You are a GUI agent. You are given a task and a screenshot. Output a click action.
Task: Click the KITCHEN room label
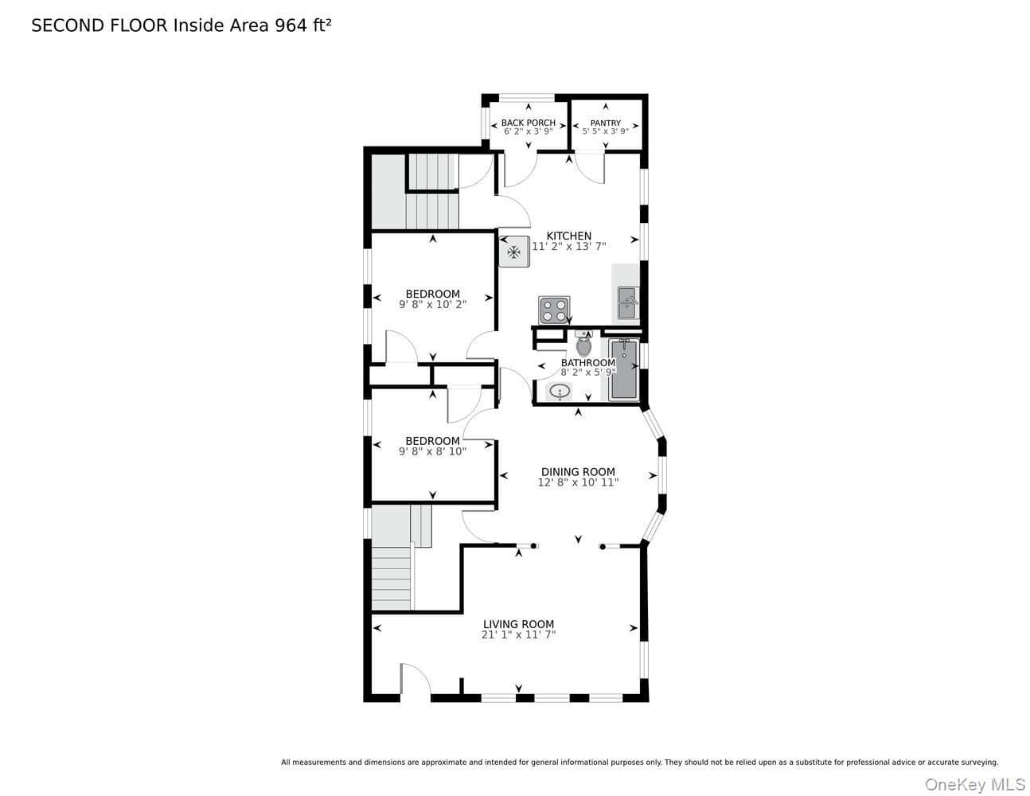[x=569, y=236]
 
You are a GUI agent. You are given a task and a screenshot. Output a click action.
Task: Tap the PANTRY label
[x=605, y=123]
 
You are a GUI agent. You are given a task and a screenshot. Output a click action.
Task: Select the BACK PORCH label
[x=528, y=123]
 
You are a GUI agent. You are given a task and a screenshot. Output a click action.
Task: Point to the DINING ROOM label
[x=578, y=472]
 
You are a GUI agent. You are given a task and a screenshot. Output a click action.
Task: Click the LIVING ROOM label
[x=518, y=625]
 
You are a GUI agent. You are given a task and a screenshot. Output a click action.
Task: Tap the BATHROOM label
[x=588, y=363]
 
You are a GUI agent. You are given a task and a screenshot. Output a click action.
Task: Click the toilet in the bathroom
[x=584, y=345]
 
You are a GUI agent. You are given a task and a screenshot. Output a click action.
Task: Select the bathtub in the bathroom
[x=624, y=369]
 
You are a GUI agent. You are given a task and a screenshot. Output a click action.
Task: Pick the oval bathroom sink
[x=560, y=392]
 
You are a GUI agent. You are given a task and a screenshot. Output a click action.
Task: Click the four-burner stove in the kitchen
[x=554, y=310]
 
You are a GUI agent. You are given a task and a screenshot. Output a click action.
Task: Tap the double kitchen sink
[x=628, y=303]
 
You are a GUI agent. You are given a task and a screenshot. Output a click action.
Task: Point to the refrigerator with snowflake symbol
[x=514, y=252]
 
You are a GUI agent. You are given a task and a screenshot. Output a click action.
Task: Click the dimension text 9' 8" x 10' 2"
[x=433, y=304]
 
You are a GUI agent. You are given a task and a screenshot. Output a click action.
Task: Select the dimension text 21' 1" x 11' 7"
[x=518, y=635]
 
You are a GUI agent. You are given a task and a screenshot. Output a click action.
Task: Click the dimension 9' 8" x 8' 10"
[x=433, y=451]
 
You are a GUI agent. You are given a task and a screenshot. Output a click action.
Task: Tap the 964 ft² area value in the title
[x=303, y=25]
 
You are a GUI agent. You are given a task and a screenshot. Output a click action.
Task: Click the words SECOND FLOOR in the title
[x=99, y=25]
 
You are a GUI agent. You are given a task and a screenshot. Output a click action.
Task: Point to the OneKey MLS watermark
[x=975, y=784]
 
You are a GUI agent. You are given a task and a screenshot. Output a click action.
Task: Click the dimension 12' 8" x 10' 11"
[x=578, y=482]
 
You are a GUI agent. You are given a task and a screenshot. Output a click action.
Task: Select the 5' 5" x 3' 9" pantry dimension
[x=605, y=131]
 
